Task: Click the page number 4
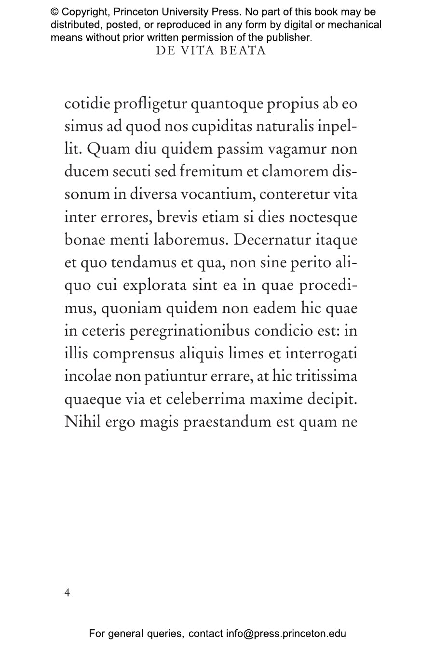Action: pyautogui.click(x=67, y=592)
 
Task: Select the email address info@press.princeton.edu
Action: pyautogui.click(x=286, y=634)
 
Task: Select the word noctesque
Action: pyautogui.click(x=323, y=218)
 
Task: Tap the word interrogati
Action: pyautogui.click(x=321, y=354)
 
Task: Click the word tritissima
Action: pyautogui.click(x=326, y=377)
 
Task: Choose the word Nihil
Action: pyautogui.click(x=82, y=422)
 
